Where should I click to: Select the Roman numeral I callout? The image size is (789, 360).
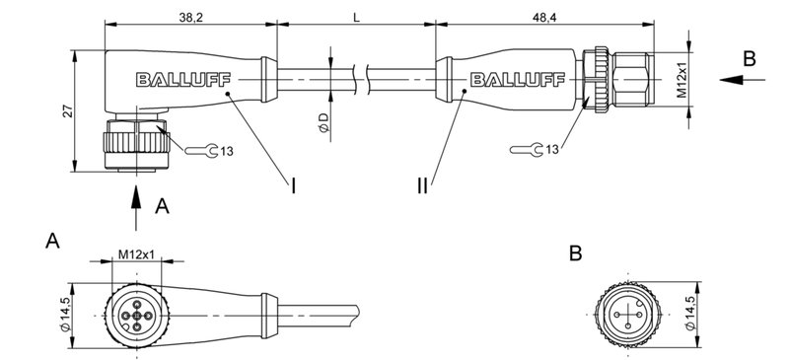tap(294, 184)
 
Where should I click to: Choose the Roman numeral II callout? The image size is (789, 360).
tap(422, 184)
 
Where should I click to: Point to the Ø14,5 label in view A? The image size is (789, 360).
tap(67, 315)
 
